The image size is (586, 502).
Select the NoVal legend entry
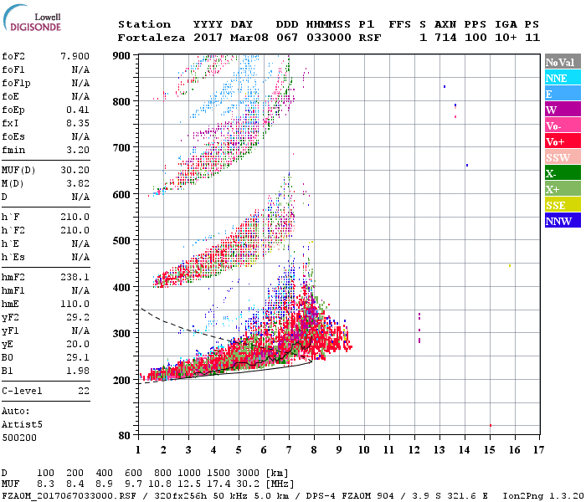coord(561,62)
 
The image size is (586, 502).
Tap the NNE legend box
coord(561,78)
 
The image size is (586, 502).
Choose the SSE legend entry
coord(561,205)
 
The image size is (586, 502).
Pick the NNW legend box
coord(561,221)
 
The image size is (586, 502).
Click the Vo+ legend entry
coord(561,141)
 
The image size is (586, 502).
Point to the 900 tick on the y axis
coord(123,55)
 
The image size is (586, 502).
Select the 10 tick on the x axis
coord(362,449)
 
